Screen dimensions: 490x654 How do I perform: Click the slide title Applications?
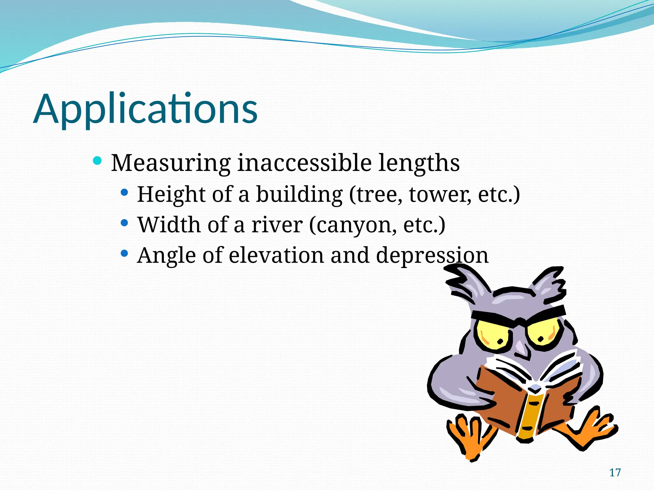pyautogui.click(x=145, y=109)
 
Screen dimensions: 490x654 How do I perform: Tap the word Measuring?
pyautogui.click(x=171, y=163)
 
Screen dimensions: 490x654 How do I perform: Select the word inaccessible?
pyautogui.click(x=304, y=163)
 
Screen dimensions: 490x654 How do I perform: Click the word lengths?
pyautogui.click(x=419, y=163)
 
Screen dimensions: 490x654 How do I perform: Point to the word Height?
pyautogui.click(x=171, y=194)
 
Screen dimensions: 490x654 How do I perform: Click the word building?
pyautogui.click(x=299, y=194)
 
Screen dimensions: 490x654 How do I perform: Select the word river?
pyautogui.click(x=277, y=225)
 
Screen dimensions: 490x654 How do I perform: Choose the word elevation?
pyautogui.click(x=276, y=255)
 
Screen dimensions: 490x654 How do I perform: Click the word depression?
pyautogui.click(x=432, y=256)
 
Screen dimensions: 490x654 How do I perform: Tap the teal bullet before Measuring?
pyautogui.click(x=97, y=160)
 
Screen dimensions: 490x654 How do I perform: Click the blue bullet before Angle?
pyautogui.click(x=125, y=254)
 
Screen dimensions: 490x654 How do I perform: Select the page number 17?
pyautogui.click(x=615, y=472)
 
